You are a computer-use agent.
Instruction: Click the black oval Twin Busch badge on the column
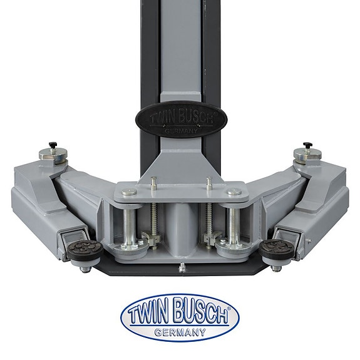coord(181,119)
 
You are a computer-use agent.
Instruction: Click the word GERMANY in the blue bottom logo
coord(180,332)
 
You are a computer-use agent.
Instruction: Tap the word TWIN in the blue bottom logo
coord(150,312)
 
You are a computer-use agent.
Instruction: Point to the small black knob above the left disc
coord(53,145)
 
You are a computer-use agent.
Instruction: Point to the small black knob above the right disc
coord(307,145)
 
